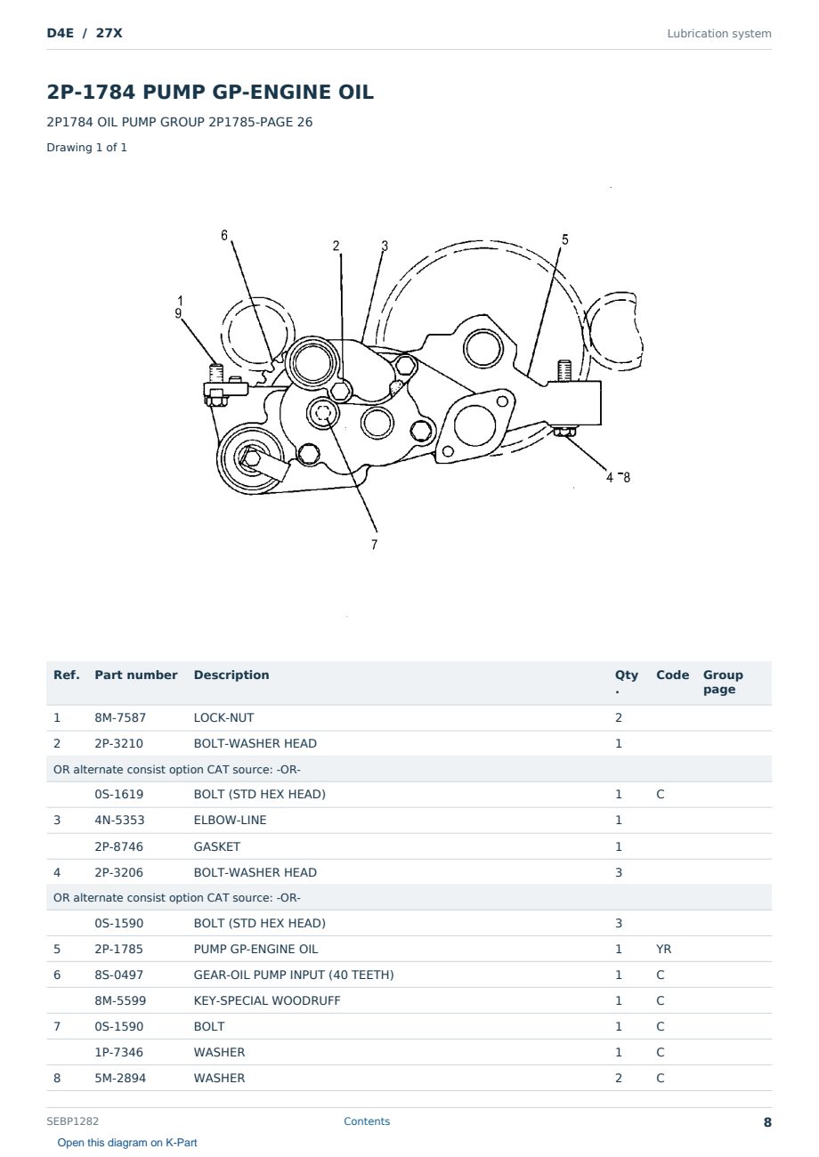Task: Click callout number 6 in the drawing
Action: [x=224, y=236]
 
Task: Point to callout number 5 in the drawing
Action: [x=564, y=239]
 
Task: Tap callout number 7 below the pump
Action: [x=374, y=545]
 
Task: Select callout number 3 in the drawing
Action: [x=385, y=246]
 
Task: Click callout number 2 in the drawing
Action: [x=336, y=246]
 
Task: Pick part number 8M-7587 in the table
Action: [x=120, y=717]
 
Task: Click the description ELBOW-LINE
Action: [x=230, y=820]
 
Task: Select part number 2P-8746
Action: [x=119, y=846]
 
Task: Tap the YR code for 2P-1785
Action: [x=663, y=949]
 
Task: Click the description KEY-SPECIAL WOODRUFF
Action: [x=267, y=1000]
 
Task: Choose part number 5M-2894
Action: [x=120, y=1078]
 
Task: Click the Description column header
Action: [x=231, y=675]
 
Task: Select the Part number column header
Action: [x=136, y=675]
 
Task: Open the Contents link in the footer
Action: [x=367, y=1121]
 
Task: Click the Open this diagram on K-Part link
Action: [x=127, y=1143]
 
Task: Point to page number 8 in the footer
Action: [x=767, y=1122]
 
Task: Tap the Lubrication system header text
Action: [x=719, y=34]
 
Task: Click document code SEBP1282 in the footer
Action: [x=72, y=1121]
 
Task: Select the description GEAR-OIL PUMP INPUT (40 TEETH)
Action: [x=294, y=975]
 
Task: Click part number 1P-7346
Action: [x=119, y=1052]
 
